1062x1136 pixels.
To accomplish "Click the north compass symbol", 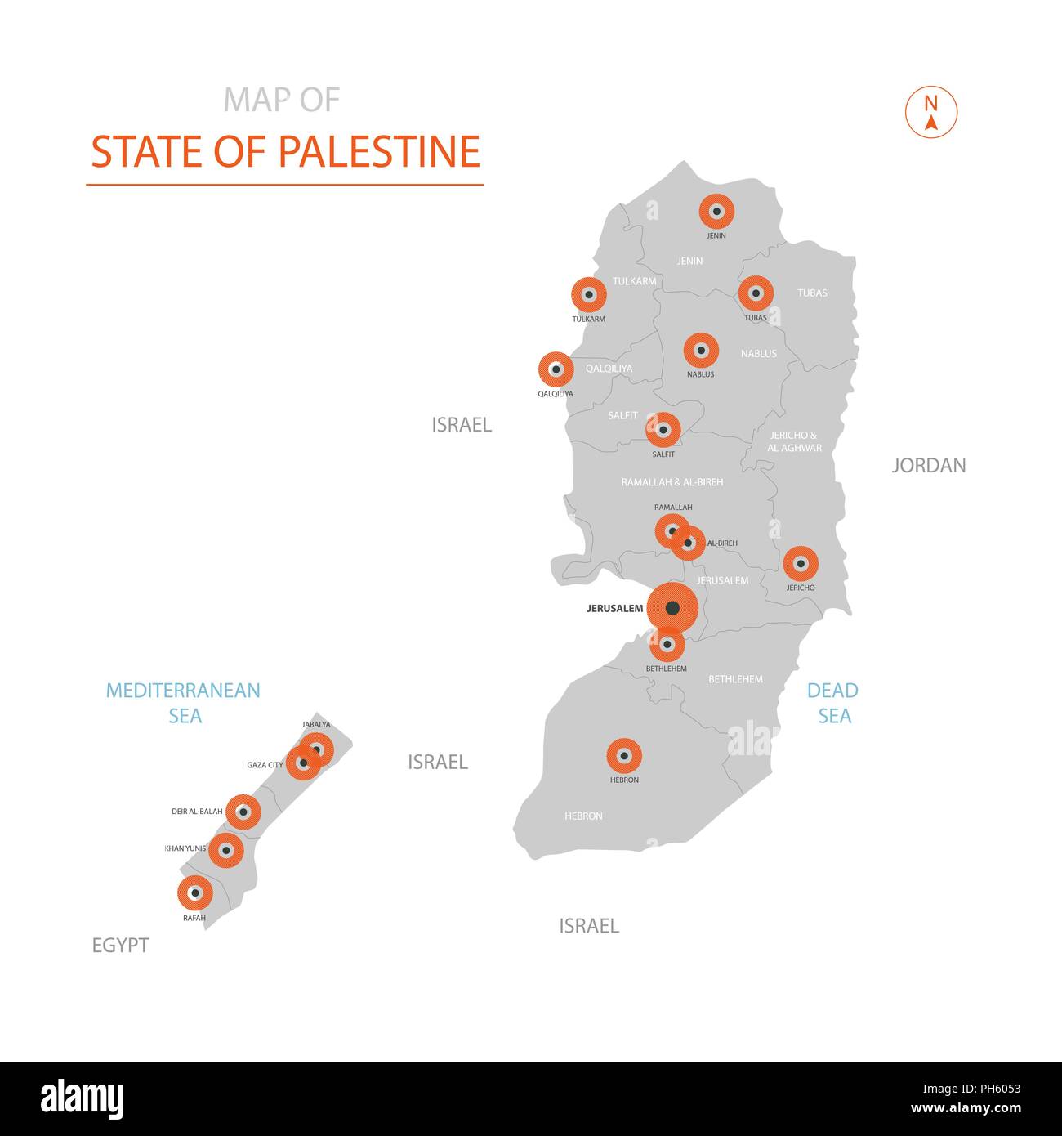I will click(930, 112).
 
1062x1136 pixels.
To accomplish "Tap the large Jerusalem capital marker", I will click(672, 608).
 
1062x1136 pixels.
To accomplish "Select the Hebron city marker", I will click(624, 756).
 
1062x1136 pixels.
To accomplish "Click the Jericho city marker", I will click(801, 563).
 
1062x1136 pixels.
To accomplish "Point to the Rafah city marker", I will click(195, 893).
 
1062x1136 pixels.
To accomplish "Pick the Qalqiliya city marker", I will click(556, 369).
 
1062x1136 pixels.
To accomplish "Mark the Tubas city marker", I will click(756, 293).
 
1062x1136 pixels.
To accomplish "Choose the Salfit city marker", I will click(663, 429).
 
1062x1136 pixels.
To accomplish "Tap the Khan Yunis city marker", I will click(226, 850).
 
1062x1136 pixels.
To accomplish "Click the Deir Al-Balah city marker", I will click(243, 812).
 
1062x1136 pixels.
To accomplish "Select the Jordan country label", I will click(928, 466).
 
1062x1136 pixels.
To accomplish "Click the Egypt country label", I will click(120, 946).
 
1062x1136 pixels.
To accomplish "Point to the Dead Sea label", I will click(833, 703).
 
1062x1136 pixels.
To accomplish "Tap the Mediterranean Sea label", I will click(184, 703).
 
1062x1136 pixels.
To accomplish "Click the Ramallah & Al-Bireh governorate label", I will click(672, 482).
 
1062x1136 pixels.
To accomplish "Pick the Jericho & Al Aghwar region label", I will click(794, 441).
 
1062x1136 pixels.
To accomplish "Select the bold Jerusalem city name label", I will click(614, 609).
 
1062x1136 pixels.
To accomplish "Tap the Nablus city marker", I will click(701, 351).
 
